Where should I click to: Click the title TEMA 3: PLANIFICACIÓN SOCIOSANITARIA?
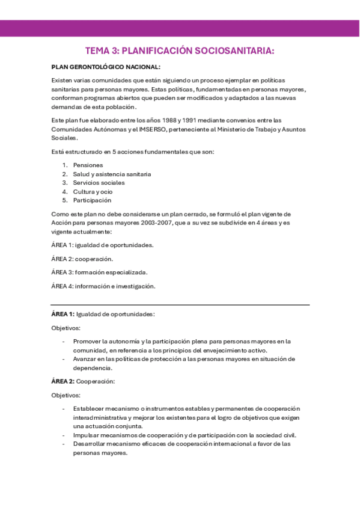pyautogui.click(x=180, y=51)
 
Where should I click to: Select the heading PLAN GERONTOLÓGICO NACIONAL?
pyautogui.click(x=106, y=67)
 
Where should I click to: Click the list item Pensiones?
pyautogui.click(x=88, y=165)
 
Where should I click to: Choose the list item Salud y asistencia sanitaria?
pyautogui.click(x=112, y=174)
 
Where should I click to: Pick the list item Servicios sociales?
pyautogui.click(x=99, y=182)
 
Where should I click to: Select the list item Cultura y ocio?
pyautogui.click(x=93, y=191)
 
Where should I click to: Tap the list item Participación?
pyautogui.click(x=92, y=200)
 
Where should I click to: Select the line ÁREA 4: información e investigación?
pyautogui.click(x=103, y=286)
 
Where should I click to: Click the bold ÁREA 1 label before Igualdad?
pyautogui.click(x=63, y=314)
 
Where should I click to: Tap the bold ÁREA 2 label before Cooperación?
pyautogui.click(x=63, y=381)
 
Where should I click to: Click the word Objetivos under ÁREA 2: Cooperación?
pyautogui.click(x=66, y=395)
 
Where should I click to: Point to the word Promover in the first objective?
pyautogui.click(x=89, y=341)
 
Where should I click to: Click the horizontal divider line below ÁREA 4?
pyautogui.click(x=180, y=305)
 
